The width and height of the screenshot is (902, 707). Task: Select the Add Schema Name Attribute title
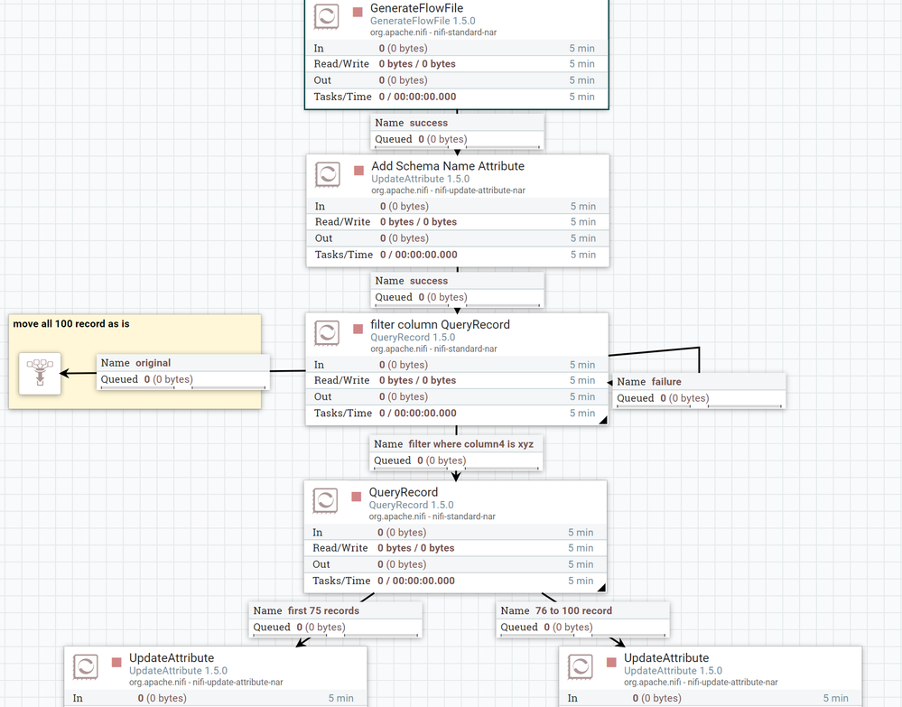point(447,166)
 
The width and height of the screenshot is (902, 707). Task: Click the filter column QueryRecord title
point(440,324)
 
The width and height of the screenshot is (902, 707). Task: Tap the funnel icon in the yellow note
point(40,373)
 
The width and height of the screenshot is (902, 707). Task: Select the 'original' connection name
point(153,363)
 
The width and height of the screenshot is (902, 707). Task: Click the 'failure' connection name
point(666,382)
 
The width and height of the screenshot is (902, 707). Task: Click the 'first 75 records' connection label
point(322,610)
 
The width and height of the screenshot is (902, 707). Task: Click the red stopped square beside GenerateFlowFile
point(358,13)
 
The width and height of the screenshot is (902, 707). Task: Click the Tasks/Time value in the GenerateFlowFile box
point(417,97)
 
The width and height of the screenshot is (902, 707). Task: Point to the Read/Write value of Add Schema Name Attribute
point(418,222)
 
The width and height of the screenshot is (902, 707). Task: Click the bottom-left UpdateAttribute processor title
point(172,658)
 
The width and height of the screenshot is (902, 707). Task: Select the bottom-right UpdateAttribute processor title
point(665,658)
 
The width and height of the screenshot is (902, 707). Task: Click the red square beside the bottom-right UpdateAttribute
point(610,663)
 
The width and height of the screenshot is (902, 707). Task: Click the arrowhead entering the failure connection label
point(611,383)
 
